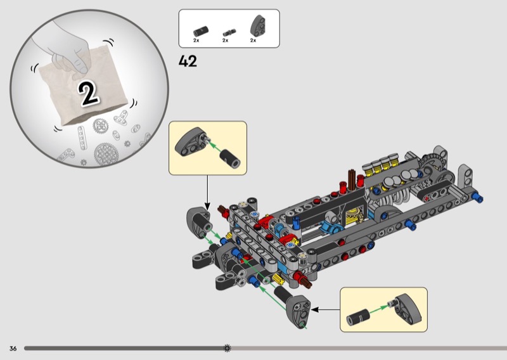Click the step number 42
coord(189,61)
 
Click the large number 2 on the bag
coord(89,93)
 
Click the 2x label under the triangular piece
coord(253,40)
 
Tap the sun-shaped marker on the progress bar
coord(228,348)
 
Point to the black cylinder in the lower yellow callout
coord(357,315)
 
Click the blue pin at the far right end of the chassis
coord(480,198)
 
